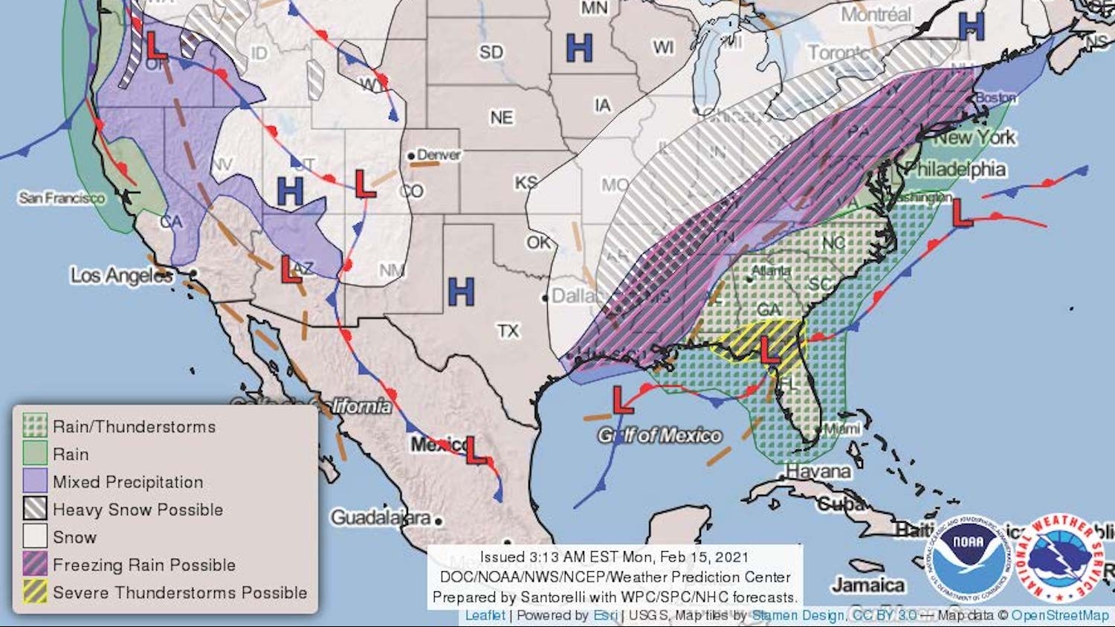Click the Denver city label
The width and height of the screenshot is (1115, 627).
pos(438,155)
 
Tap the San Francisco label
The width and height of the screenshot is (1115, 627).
pos(62,198)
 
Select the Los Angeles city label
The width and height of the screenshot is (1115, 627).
pos(122,275)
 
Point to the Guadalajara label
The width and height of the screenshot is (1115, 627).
pos(381,517)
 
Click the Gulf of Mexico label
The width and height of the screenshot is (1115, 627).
pos(660,436)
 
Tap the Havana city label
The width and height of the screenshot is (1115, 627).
pos(818,472)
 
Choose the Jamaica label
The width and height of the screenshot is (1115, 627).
pos(867,585)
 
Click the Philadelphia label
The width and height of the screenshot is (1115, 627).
pos(956,169)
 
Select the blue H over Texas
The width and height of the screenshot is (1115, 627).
pos(461,292)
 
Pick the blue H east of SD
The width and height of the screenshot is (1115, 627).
pos(579,48)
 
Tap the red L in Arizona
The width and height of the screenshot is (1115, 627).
pos(291,269)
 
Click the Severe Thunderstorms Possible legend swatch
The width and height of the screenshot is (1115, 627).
pos(35,592)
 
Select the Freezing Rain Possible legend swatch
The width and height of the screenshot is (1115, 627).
pos(35,565)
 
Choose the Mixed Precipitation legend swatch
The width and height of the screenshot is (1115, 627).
pos(35,481)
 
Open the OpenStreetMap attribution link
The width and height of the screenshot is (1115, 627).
pos(1059,615)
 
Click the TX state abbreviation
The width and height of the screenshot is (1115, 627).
pos(508,330)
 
